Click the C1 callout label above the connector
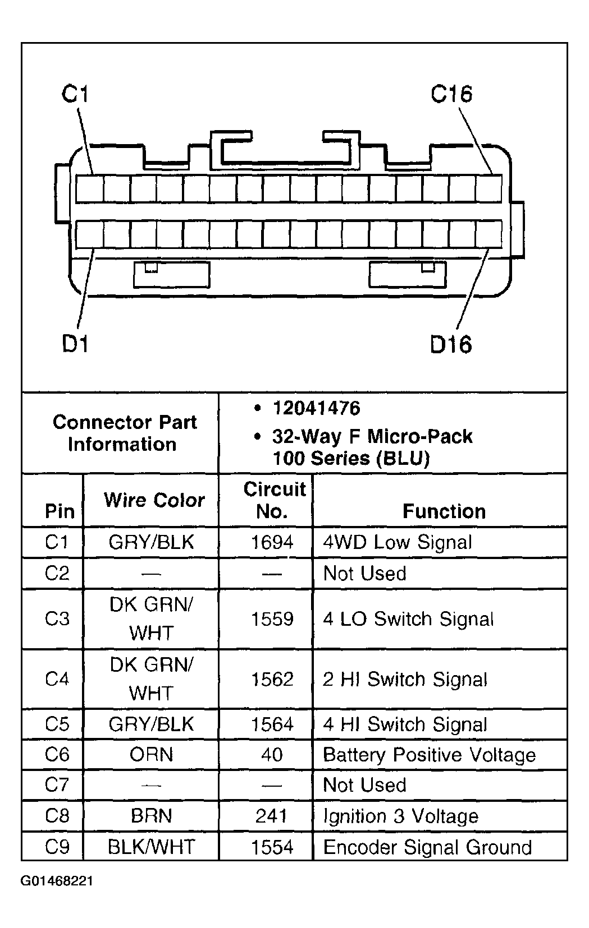(75, 94)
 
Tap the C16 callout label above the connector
(451, 94)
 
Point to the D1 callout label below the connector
(75, 343)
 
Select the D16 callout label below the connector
(451, 344)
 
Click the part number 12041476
(316, 408)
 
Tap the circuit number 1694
(272, 542)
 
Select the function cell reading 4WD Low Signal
(398, 542)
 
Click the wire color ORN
(151, 755)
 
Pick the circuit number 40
(272, 755)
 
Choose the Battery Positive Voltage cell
(430, 755)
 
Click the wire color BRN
(151, 816)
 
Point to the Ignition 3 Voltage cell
(401, 816)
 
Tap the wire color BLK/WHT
(151, 847)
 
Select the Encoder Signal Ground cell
(427, 847)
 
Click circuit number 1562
(272, 680)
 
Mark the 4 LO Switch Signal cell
(408, 619)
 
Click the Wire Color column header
(154, 500)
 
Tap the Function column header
(444, 511)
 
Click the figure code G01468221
(57, 881)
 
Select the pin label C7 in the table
(57, 785)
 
